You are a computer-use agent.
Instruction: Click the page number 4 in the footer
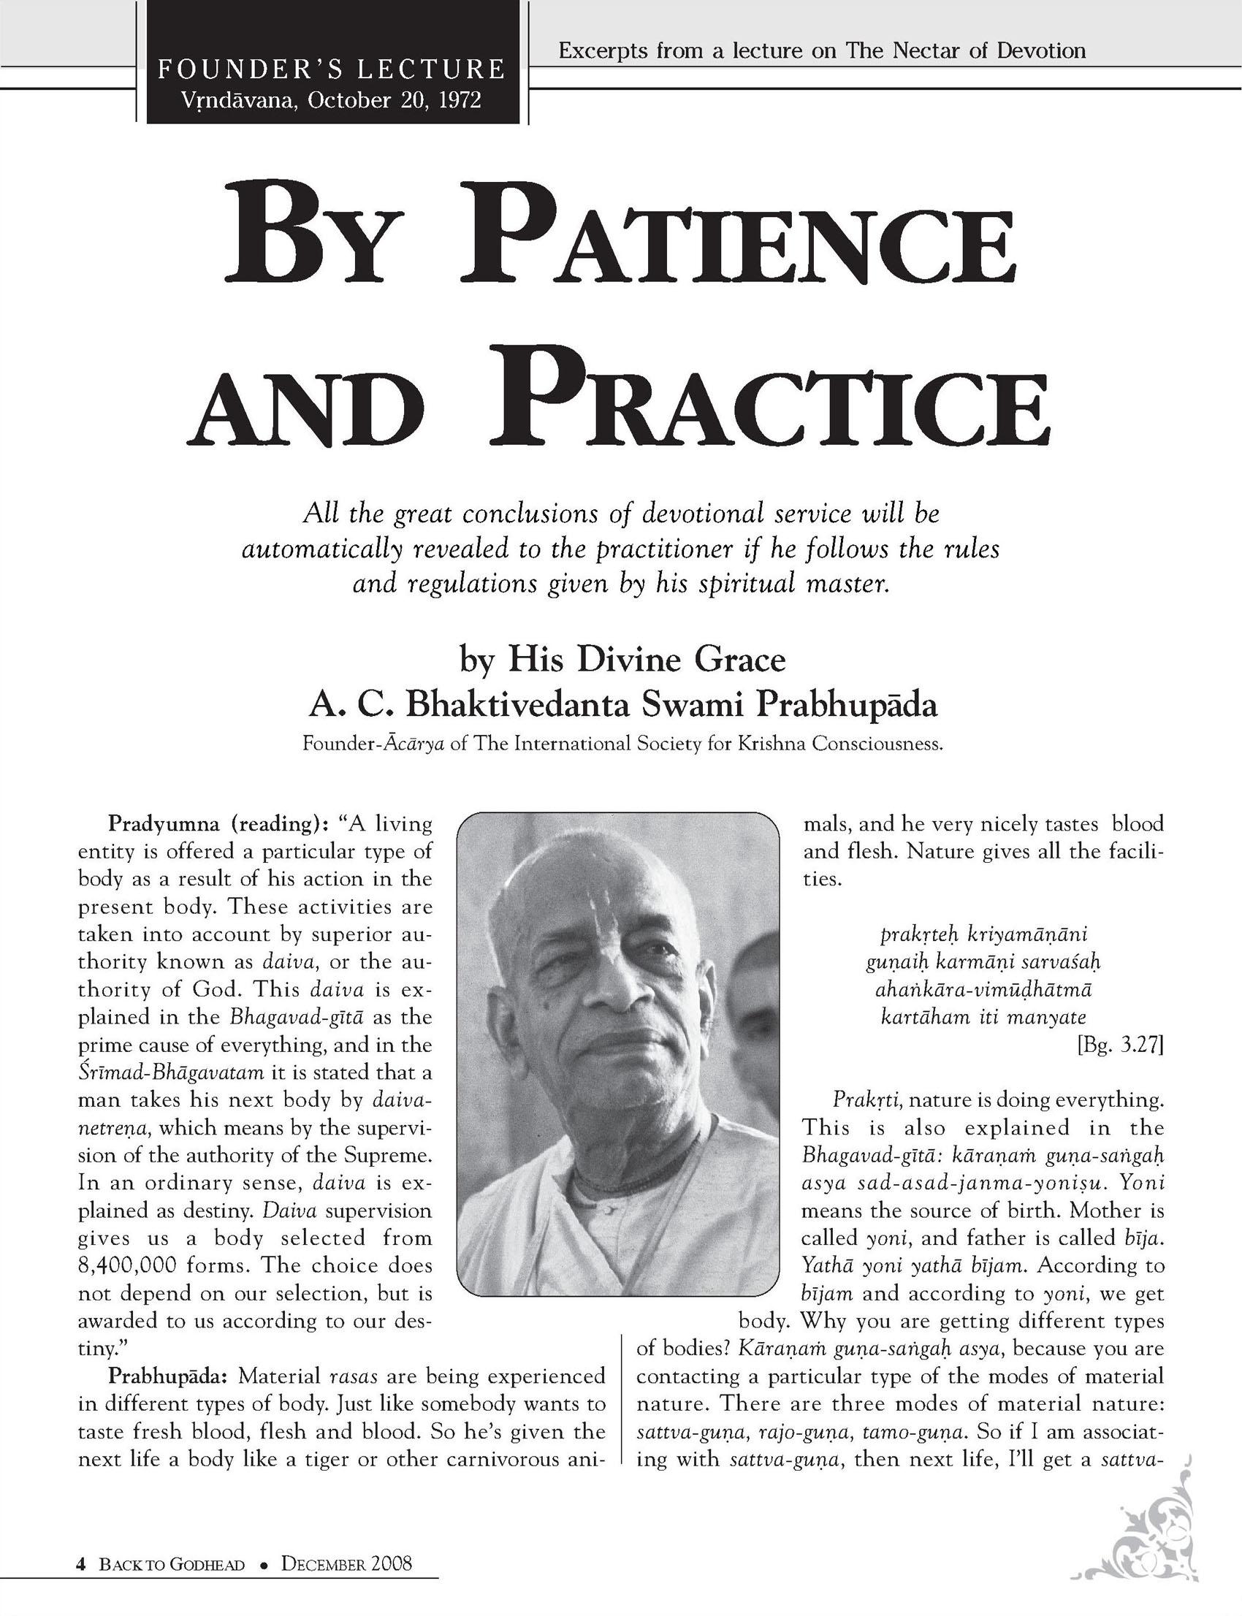click(82, 1558)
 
